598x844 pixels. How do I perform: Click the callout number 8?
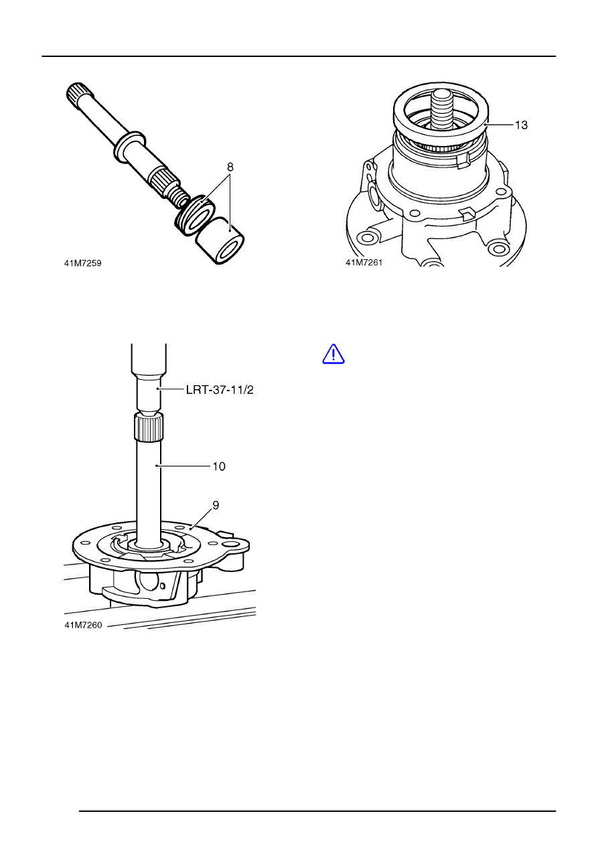[x=230, y=167]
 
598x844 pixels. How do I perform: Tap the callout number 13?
[x=521, y=125]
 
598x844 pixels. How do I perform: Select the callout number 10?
[x=219, y=466]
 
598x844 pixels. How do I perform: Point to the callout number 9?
[x=216, y=505]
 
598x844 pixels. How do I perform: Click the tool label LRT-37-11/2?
[x=220, y=390]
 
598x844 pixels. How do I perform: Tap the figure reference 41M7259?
[x=83, y=263]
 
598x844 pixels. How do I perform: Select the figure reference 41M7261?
[x=364, y=263]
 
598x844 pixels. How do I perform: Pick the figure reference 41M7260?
[x=83, y=625]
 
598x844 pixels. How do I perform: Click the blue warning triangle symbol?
[x=333, y=354]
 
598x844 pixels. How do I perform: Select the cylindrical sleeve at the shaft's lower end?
[x=221, y=242]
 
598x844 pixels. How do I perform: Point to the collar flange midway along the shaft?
[x=130, y=146]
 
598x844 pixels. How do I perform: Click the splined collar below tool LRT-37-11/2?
[x=149, y=427]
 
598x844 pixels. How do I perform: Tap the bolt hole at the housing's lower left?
[x=365, y=238]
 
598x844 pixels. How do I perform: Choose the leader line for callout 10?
[x=183, y=466]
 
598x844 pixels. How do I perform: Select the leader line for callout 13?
[x=499, y=124]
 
